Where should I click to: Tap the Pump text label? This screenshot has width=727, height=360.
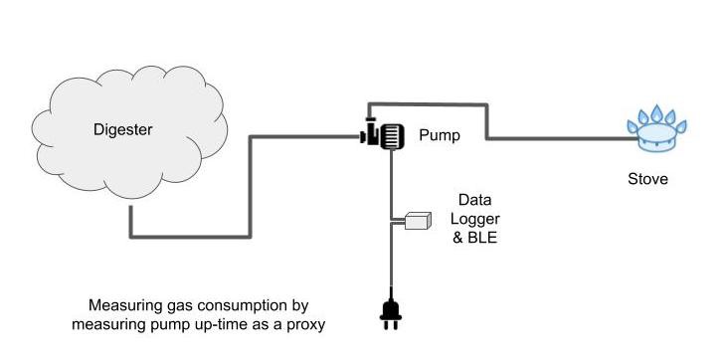439,135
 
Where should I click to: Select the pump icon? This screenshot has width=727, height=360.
382,134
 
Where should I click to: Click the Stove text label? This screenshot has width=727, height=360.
647,180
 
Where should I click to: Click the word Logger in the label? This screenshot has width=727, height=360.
478,219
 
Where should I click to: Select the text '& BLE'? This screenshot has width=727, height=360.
477,239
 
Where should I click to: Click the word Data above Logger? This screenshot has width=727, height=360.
476,200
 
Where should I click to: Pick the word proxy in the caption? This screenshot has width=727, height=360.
305,325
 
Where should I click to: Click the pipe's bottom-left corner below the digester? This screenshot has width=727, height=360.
131,236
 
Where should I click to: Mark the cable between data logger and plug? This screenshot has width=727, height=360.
390,264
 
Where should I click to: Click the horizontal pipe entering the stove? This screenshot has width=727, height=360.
567,138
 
